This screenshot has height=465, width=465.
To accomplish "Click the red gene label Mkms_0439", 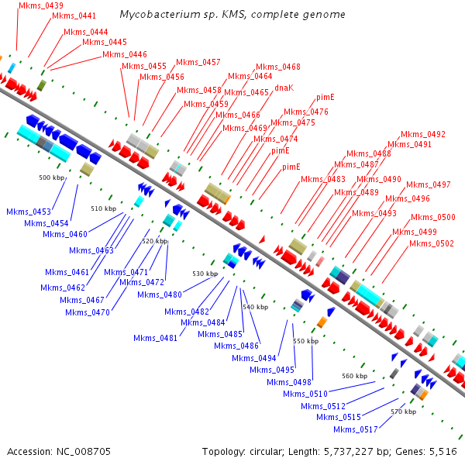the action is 41,5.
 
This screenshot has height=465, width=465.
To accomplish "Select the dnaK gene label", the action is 284,88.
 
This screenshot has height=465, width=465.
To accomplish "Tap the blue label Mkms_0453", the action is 29,212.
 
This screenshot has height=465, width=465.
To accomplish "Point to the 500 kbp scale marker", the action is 52,177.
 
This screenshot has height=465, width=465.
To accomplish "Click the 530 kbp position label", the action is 205,274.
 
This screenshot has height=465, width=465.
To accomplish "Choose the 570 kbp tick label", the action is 403,412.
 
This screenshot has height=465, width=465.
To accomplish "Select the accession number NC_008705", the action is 84,452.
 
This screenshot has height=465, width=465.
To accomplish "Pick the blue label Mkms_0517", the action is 356,429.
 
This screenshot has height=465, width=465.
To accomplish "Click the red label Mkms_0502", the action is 432,244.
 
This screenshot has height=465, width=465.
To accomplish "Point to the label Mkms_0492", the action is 423,134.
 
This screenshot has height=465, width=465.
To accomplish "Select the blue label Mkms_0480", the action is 160,294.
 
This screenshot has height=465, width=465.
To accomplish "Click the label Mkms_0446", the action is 125,54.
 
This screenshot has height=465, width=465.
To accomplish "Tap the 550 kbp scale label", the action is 306,341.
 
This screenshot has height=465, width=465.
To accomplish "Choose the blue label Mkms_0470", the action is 88,312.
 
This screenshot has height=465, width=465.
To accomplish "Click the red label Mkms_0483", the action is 323,180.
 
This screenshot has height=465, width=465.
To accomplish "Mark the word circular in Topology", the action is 265,452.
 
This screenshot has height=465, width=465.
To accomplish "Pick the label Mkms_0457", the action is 198,62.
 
